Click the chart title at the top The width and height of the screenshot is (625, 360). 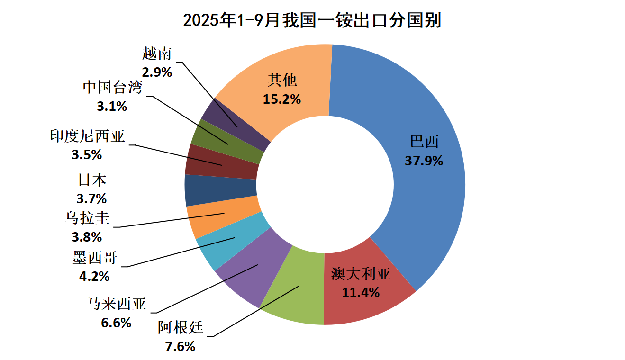[312, 20]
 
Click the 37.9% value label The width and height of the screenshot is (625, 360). [424, 161]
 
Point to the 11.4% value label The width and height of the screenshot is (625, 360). [361, 293]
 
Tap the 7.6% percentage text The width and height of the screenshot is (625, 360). [180, 346]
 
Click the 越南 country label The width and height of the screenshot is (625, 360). [156, 54]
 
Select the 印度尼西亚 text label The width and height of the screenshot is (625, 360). [87, 136]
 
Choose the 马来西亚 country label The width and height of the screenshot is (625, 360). [117, 304]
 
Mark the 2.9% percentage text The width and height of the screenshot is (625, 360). [156, 72]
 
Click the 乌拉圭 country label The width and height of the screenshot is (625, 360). [87, 218]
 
